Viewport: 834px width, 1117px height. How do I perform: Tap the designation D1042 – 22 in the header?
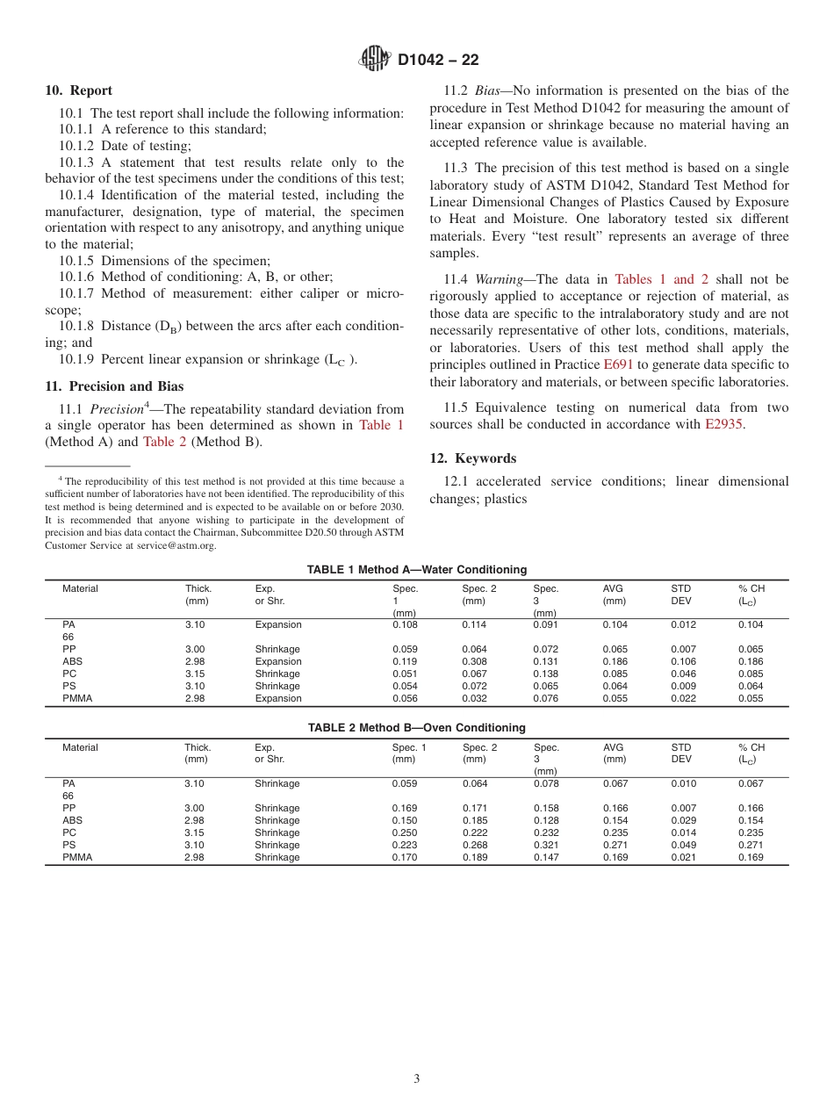(438, 61)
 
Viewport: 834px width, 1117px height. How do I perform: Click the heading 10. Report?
(79, 90)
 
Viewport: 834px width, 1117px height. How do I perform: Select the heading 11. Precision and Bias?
(114, 386)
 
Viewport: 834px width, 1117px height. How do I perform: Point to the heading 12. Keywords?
(473, 458)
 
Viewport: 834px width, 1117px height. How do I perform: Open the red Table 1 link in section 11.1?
(382, 425)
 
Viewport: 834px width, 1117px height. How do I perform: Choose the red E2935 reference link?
(725, 424)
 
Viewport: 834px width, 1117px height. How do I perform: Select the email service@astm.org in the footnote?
(176, 545)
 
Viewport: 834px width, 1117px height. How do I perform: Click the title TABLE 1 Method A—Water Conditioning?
(417, 570)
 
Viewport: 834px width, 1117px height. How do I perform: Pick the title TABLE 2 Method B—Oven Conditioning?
(417, 728)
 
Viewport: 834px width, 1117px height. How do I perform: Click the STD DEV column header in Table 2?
(681, 753)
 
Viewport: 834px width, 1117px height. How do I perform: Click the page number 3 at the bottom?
(417, 1079)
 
